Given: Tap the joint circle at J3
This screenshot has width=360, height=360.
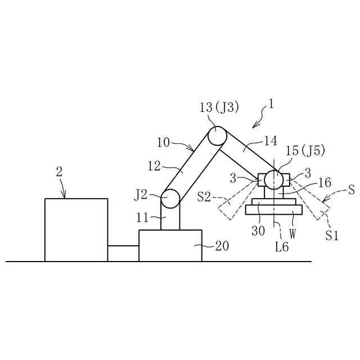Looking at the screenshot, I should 217,136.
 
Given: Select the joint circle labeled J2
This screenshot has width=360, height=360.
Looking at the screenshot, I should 170,199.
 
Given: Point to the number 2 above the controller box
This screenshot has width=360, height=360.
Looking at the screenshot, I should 59,172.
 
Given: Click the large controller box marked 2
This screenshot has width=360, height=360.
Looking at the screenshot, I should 76,229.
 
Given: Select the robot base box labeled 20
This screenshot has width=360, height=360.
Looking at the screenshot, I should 170,245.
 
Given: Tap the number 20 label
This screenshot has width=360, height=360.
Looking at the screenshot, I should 222,245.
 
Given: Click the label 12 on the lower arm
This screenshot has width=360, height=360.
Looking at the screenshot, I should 154,166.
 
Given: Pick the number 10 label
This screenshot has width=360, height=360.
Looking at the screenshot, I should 163,143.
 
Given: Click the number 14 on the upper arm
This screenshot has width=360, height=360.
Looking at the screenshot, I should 270,141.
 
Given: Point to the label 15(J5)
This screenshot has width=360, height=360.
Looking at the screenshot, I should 305,151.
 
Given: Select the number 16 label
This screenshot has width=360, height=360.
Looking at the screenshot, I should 325,182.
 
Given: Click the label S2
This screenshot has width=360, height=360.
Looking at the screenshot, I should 204,197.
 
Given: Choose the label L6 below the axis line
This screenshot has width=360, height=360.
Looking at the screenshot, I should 282,246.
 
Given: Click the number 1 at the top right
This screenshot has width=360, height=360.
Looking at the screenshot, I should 272,105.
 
